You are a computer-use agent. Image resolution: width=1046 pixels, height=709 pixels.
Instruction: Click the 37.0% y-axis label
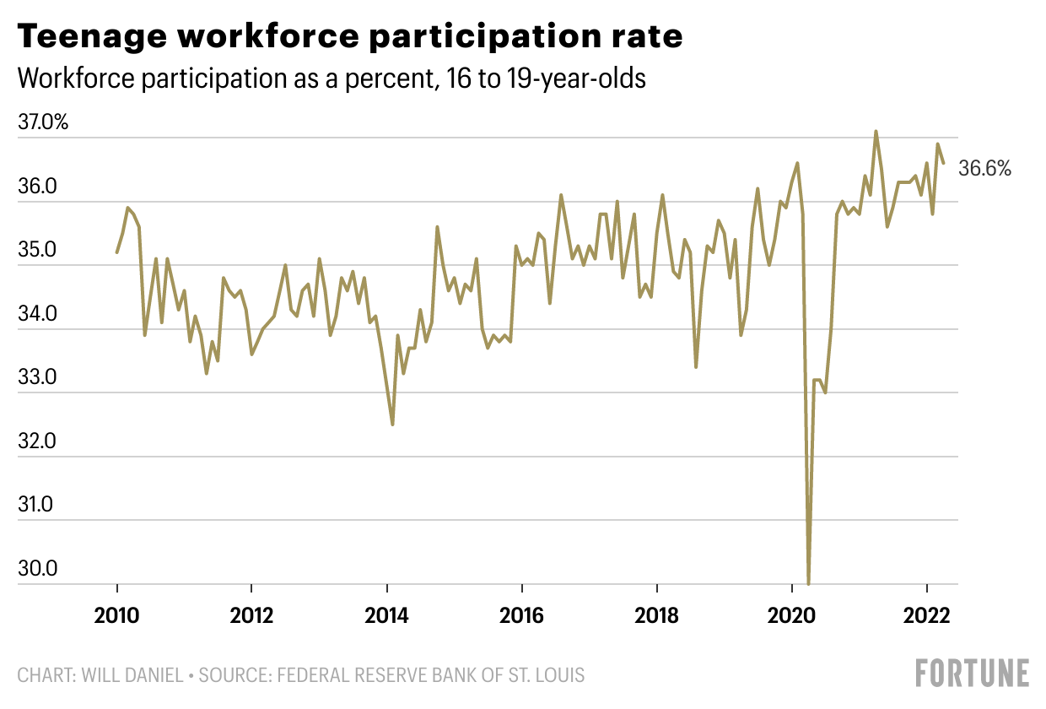pos(42,123)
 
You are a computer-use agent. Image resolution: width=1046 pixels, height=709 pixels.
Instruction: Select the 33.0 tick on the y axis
pos(37,378)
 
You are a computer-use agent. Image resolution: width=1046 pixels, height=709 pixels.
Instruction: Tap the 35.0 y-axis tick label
pos(37,251)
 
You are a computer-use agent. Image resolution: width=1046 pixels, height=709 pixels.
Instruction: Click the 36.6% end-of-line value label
pos(984,169)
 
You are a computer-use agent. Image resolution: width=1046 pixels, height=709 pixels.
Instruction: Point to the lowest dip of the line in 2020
pos(808,582)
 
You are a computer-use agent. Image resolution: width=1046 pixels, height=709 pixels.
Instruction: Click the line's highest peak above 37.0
pos(876,132)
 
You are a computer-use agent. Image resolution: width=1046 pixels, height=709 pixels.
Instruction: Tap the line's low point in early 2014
pos(392,424)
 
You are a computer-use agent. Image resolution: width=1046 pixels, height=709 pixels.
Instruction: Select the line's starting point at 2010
pos(116,252)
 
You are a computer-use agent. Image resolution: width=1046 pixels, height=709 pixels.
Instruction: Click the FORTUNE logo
pos(973,673)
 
